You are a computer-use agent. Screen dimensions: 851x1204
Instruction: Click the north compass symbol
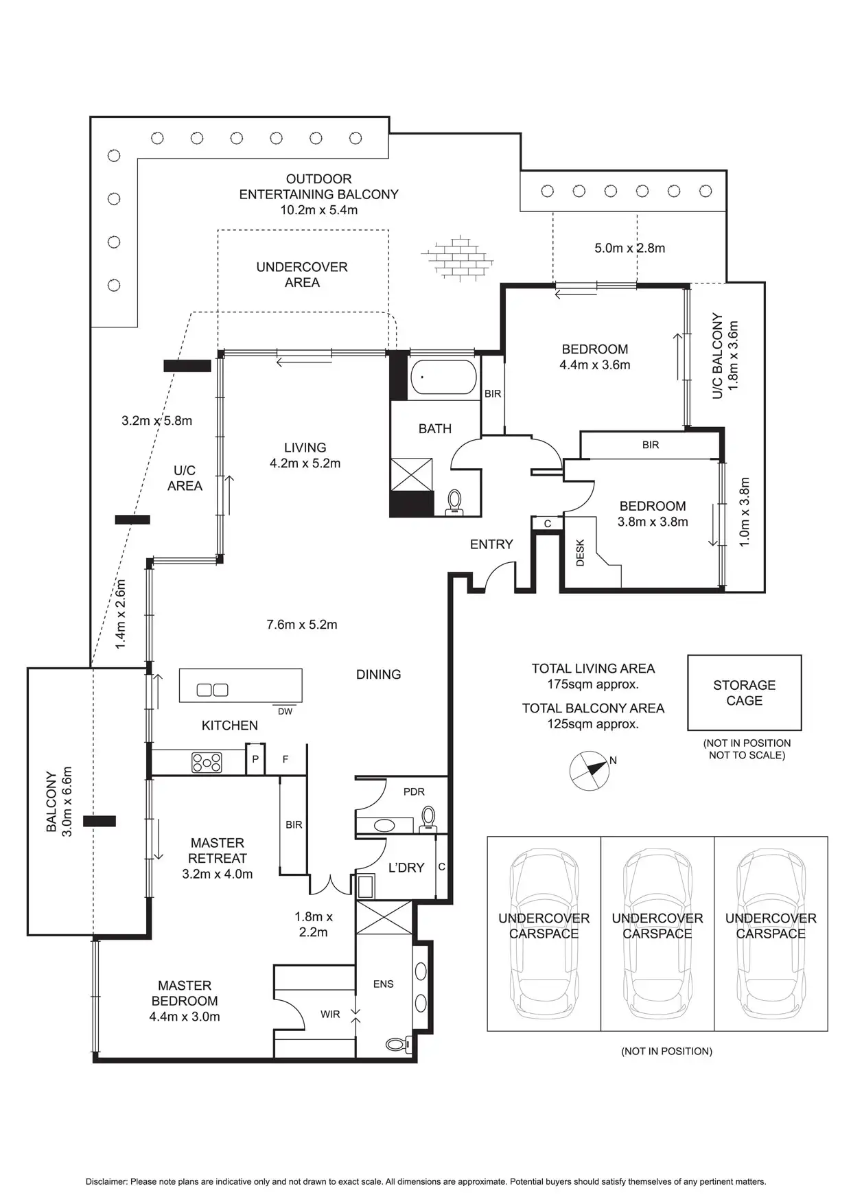(x=590, y=770)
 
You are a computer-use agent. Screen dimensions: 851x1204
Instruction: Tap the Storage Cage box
(x=744, y=693)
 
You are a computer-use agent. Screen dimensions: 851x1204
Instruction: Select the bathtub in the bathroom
(x=443, y=377)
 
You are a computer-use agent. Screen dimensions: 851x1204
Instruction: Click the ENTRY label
(x=491, y=544)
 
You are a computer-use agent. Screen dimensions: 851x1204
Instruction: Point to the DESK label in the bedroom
(x=580, y=553)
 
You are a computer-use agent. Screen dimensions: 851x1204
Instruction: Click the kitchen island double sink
(x=213, y=690)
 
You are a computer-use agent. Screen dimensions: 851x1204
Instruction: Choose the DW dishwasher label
(x=285, y=712)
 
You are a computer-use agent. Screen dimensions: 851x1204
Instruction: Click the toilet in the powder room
(x=428, y=817)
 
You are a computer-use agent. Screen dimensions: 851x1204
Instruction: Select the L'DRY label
(x=406, y=868)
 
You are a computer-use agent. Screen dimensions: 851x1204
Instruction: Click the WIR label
(x=330, y=1014)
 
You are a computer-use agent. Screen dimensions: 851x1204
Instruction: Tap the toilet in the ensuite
(x=397, y=1044)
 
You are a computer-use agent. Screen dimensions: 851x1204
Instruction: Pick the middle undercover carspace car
(x=657, y=934)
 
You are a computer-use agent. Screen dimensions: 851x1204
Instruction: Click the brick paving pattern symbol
(x=458, y=257)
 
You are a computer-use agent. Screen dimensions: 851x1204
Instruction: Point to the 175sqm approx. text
(x=593, y=684)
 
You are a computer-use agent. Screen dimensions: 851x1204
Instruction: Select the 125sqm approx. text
(x=593, y=724)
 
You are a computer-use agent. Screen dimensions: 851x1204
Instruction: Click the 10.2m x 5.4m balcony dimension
(x=318, y=210)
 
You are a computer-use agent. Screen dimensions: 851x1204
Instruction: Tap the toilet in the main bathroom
(x=454, y=502)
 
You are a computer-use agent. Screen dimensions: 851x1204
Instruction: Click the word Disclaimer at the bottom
(x=106, y=1182)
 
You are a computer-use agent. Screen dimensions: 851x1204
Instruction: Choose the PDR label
(x=414, y=791)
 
